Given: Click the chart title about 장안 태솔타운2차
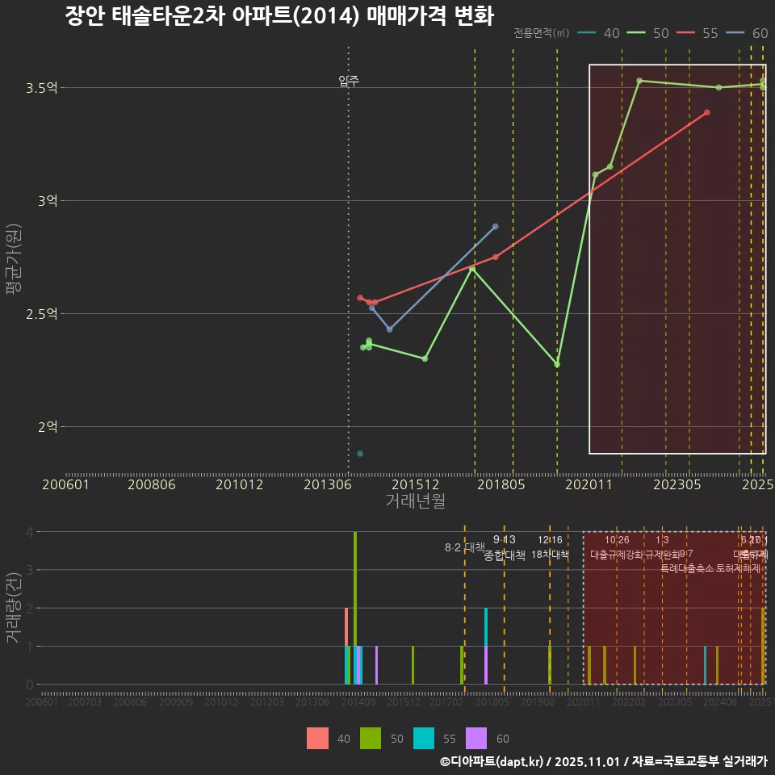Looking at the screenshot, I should (279, 16).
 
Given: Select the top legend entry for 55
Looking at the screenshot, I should (700, 33).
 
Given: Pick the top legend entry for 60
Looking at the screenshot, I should (749, 33).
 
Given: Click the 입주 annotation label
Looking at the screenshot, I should (349, 81).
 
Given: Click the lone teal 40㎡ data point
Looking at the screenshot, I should (360, 454).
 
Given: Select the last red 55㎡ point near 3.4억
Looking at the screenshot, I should (706, 112).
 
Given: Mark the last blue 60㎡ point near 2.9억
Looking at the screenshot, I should (495, 227).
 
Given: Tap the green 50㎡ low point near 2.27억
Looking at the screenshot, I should (557, 365).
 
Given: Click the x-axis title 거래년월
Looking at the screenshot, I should (415, 501).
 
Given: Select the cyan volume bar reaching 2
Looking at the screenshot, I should (486, 646).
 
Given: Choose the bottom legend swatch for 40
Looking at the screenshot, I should (317, 739).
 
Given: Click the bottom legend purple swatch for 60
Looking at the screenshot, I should (477, 739).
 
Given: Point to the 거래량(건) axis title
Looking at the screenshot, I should (13, 608).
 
